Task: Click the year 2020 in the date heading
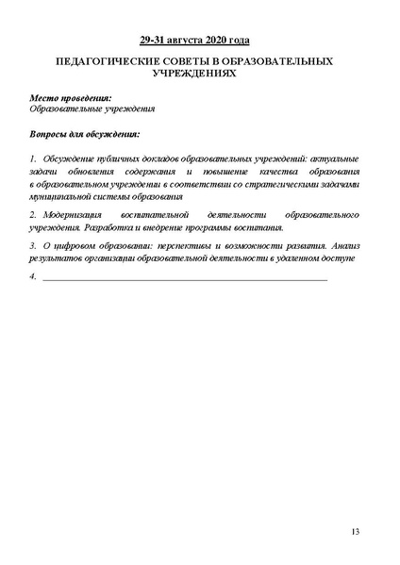click(x=217, y=41)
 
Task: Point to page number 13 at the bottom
click(x=354, y=534)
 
